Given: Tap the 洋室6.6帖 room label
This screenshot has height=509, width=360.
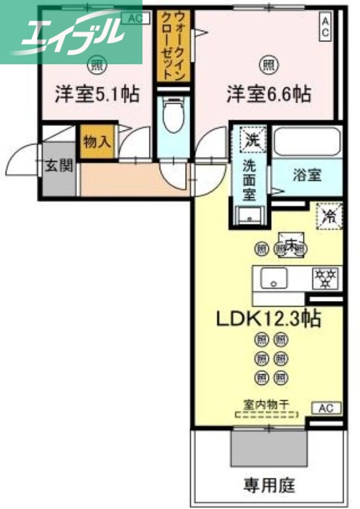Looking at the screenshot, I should tap(269, 94).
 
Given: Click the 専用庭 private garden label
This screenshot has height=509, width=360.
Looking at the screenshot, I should tap(269, 485).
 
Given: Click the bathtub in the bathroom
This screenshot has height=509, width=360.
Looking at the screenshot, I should tap(307, 141).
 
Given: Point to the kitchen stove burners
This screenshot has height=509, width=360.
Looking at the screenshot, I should tap(324, 277).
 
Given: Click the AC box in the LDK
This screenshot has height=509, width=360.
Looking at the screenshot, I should tap(326, 408).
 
